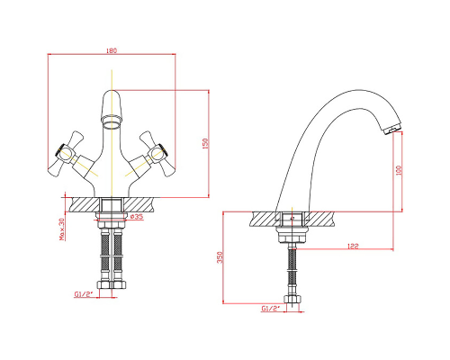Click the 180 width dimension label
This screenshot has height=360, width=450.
[112, 50]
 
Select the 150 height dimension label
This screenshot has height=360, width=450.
[205, 144]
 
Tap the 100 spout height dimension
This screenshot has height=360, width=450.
[399, 170]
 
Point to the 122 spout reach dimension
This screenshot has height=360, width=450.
[353, 246]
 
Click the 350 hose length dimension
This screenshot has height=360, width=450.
[220, 257]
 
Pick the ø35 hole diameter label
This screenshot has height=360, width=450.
[137, 216]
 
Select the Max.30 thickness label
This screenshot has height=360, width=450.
[62, 229]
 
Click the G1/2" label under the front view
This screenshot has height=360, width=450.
[83, 294]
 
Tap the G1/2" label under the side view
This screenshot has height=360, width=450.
[270, 308]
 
